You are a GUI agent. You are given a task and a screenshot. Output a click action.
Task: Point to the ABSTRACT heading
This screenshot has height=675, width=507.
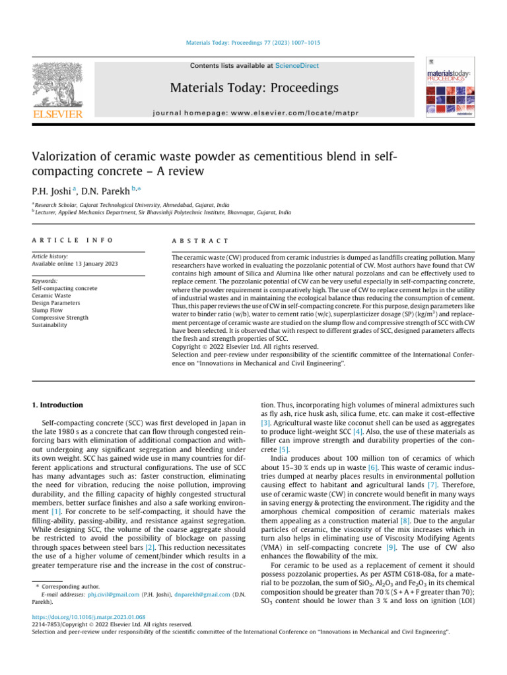[199, 241]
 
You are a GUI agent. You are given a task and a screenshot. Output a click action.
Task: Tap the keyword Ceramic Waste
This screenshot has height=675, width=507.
[51, 295]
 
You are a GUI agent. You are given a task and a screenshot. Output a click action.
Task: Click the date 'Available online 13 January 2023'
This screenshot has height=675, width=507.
[75, 264]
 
